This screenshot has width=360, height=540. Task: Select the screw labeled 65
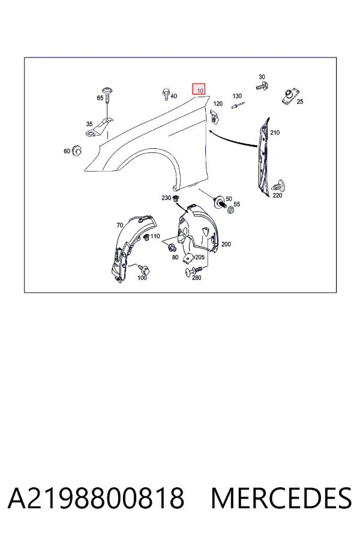click(108, 93)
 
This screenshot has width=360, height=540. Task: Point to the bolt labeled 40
click(166, 94)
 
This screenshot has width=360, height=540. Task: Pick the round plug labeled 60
click(76, 150)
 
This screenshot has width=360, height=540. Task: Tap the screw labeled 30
click(263, 85)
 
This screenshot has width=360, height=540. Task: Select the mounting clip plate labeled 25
click(290, 97)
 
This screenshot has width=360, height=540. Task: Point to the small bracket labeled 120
click(214, 116)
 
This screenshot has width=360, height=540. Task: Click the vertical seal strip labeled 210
click(263, 157)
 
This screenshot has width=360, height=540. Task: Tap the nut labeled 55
click(231, 209)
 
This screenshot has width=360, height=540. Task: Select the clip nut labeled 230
click(176, 198)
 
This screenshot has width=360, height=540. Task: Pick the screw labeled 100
click(143, 268)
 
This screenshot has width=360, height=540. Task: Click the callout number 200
click(226, 244)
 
